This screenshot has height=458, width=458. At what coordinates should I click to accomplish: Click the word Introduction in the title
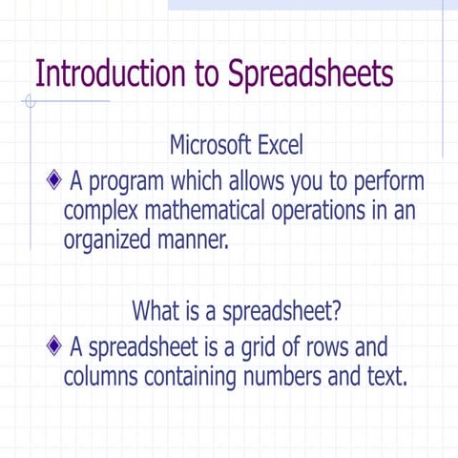tap(104, 73)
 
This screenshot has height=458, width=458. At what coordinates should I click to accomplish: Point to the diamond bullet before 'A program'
tap(54, 179)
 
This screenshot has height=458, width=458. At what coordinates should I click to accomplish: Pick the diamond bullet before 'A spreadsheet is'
tap(54, 345)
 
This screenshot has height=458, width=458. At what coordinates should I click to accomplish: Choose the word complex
tap(101, 211)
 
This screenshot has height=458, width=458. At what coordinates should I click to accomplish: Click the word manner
tap(195, 239)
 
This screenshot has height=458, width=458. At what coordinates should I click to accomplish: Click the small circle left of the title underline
tap(31, 100)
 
